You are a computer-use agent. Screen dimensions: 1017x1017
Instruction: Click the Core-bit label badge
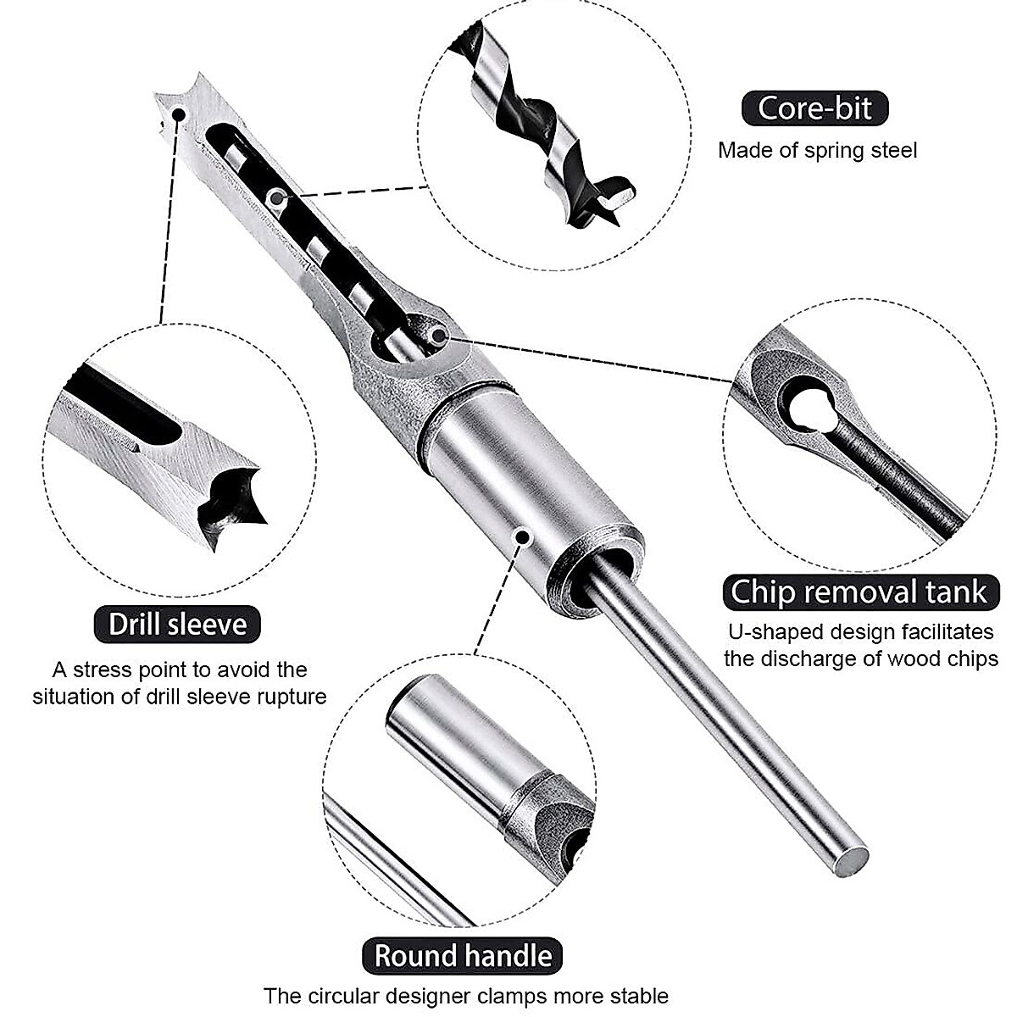(814, 108)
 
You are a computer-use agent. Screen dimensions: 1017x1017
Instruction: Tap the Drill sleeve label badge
(177, 625)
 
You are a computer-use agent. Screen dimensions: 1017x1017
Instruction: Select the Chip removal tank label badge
(859, 592)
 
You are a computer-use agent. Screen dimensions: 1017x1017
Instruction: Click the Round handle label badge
(464, 955)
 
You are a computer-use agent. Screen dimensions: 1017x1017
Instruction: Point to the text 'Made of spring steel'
(817, 151)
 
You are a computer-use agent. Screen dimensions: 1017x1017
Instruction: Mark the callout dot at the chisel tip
(178, 114)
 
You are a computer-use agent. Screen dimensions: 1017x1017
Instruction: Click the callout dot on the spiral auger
(275, 198)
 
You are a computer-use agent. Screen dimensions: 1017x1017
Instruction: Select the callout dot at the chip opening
(438, 336)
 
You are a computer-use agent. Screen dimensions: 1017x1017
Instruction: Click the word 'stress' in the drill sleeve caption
(103, 670)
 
